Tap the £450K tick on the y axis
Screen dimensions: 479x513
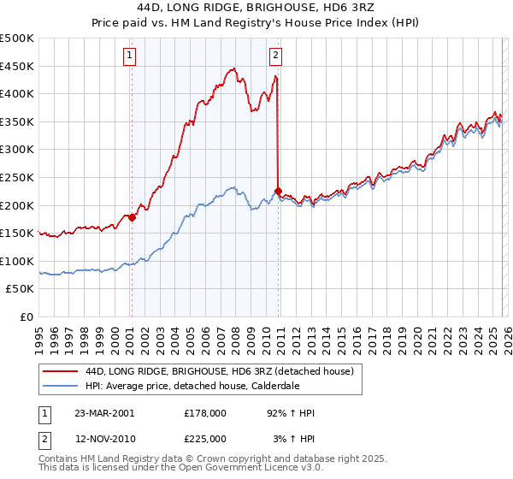pos(17,66)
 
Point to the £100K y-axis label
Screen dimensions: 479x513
pos(17,261)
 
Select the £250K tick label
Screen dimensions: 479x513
pos(17,177)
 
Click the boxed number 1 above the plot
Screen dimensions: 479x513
pos(130,56)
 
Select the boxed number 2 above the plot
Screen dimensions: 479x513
pos(276,56)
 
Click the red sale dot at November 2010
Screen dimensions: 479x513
pos(279,191)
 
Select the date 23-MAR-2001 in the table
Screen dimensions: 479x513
pos(104,412)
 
